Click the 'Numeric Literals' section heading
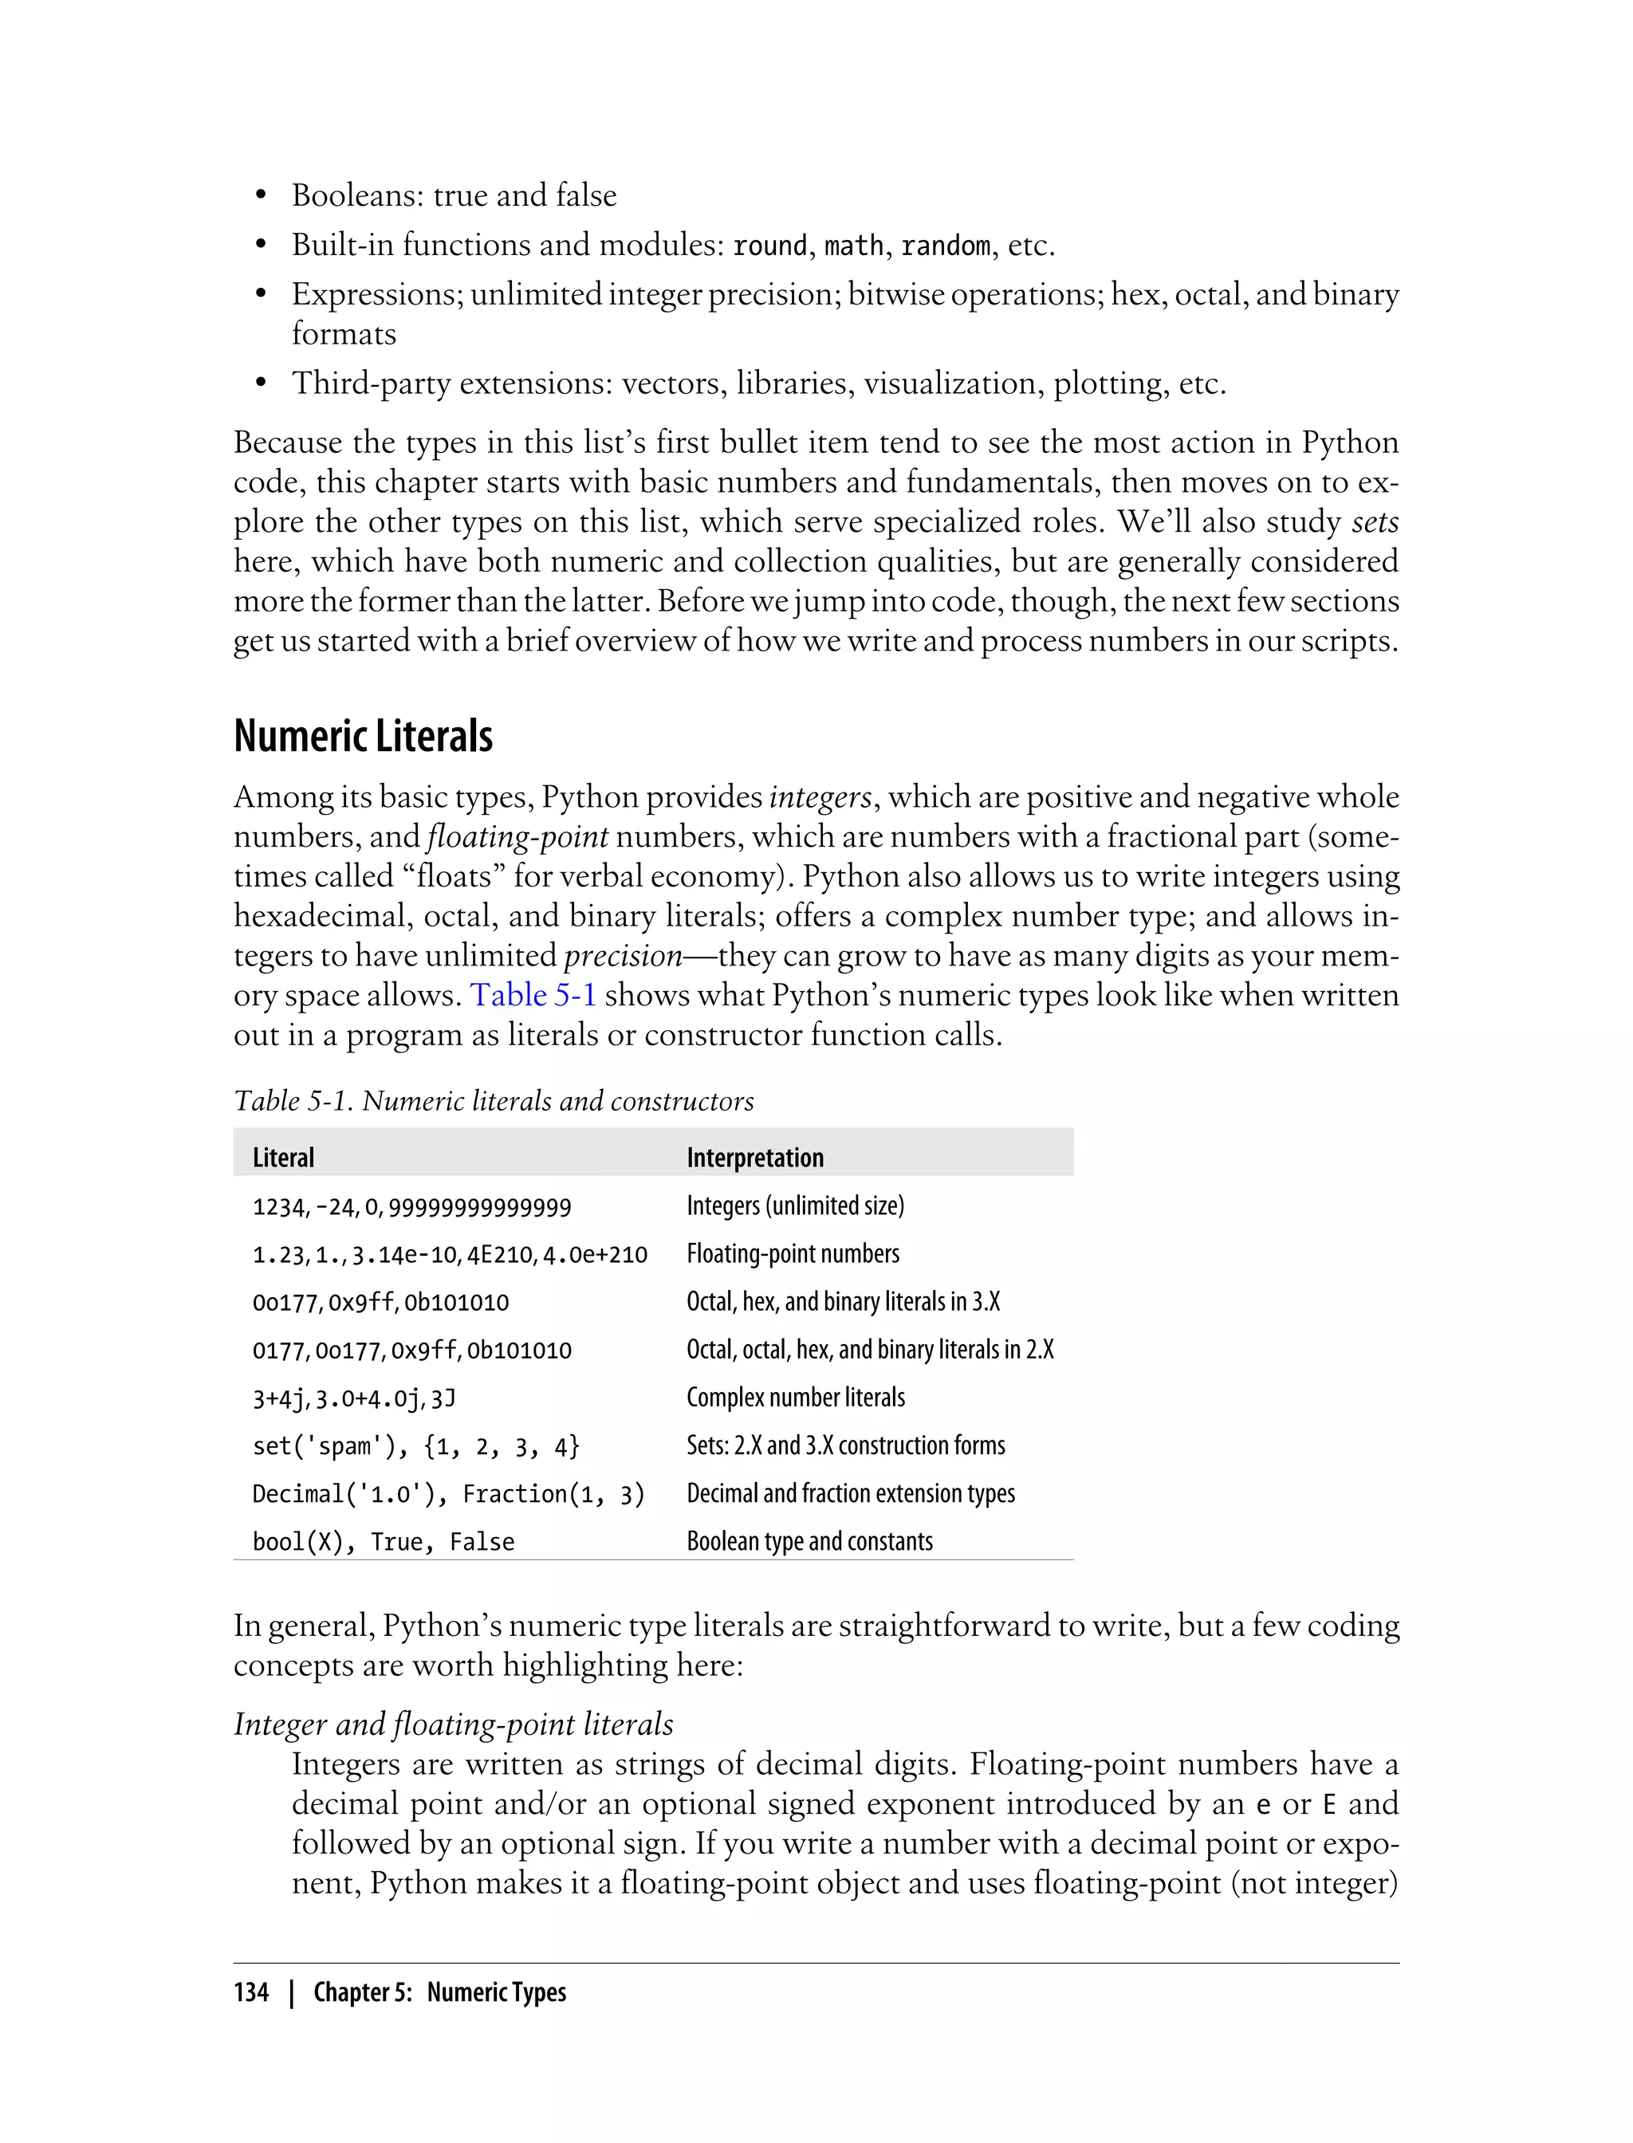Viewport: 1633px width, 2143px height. [x=363, y=737]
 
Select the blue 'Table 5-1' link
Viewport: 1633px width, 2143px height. [x=533, y=995]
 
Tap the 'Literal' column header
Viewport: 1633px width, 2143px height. [x=283, y=1158]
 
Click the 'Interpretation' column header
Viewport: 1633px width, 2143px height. [x=754, y=1158]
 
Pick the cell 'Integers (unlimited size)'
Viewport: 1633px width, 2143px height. [x=795, y=1206]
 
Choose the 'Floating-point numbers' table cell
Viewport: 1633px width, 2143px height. [x=793, y=1254]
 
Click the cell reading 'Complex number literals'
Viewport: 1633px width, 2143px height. [x=795, y=1398]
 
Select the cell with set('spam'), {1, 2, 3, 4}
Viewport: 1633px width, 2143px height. [x=415, y=1446]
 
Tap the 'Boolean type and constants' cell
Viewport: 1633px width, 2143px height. [x=809, y=1541]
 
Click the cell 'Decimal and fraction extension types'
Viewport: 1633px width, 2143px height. [x=851, y=1494]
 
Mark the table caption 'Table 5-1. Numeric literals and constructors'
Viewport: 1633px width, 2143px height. [x=494, y=1101]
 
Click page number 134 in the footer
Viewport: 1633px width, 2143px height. [x=251, y=1992]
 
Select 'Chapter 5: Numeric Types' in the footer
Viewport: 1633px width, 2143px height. [x=439, y=1992]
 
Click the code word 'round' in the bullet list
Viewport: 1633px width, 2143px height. [x=769, y=246]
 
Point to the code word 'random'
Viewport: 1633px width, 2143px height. [x=945, y=246]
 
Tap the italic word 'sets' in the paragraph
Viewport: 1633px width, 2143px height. [x=1375, y=523]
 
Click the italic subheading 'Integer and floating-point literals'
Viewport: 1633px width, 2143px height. [x=453, y=1724]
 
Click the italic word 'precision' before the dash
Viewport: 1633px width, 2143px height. [x=623, y=957]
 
